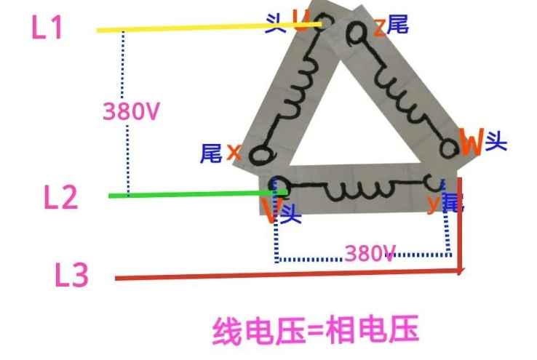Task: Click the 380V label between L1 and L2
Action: (x=131, y=111)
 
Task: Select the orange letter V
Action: (x=271, y=211)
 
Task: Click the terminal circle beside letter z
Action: (x=357, y=31)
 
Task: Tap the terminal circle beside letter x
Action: (x=257, y=155)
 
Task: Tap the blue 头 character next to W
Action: (x=496, y=140)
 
